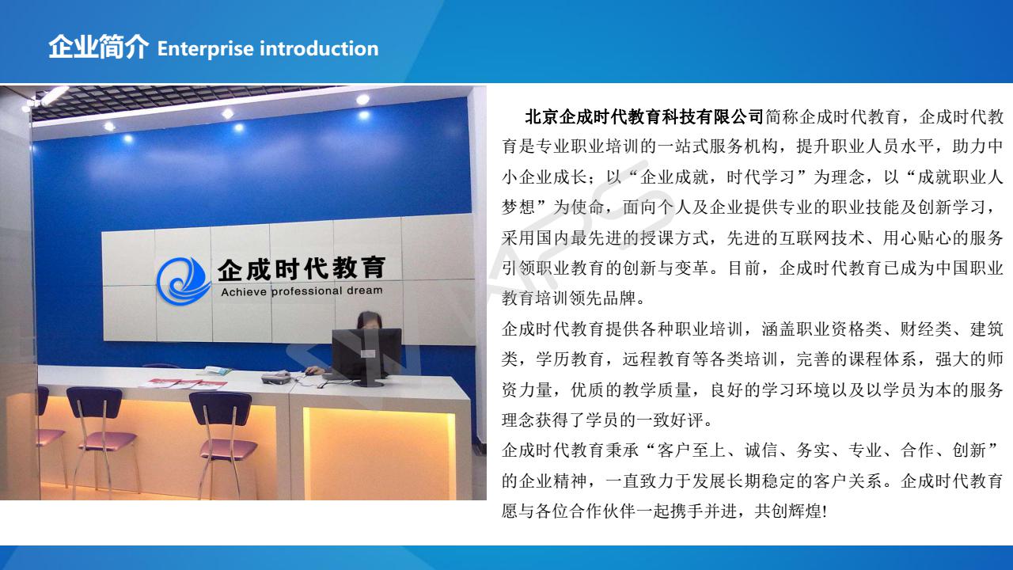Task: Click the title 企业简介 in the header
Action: coord(99,47)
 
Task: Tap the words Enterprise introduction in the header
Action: coord(267,49)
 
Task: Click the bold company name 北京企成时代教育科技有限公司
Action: coord(644,117)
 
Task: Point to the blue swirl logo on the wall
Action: coord(183,280)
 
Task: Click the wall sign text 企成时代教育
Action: coord(302,268)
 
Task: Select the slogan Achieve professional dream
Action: coord(302,291)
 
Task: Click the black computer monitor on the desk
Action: coord(366,356)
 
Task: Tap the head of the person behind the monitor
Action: coord(369,321)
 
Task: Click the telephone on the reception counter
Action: coord(276,378)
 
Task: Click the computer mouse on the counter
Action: coord(309,372)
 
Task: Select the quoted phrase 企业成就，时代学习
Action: coord(717,177)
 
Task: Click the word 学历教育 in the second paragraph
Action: coord(570,359)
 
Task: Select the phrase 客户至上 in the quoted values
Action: coord(691,450)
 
